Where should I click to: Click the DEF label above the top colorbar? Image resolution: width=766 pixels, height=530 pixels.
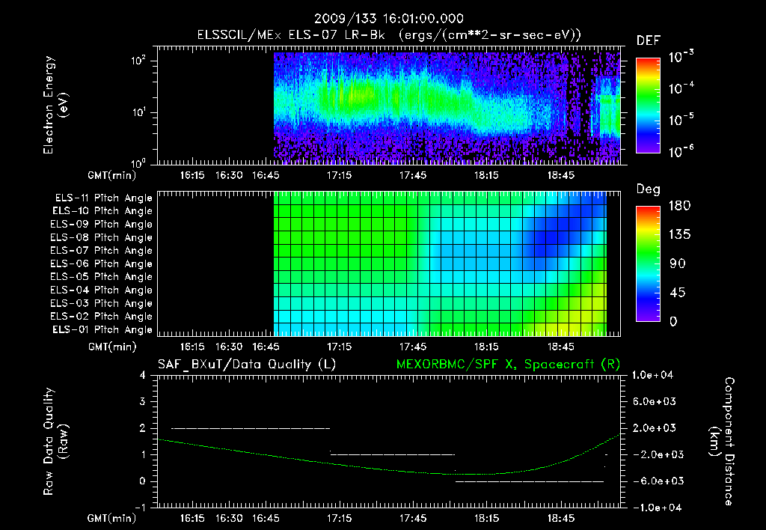648,40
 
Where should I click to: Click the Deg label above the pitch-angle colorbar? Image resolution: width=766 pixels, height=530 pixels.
648,189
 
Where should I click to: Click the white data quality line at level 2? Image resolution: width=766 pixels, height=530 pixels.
251,428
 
